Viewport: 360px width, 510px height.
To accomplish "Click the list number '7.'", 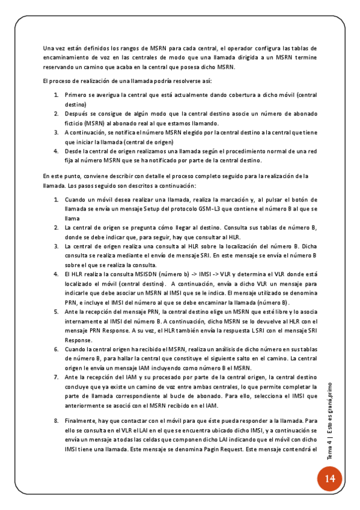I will (x=56, y=376).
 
